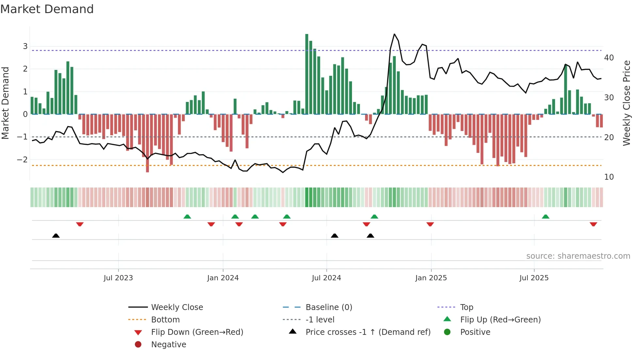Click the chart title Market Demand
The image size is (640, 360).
pyautogui.click(x=47, y=9)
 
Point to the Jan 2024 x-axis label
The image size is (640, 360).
pyautogui.click(x=223, y=278)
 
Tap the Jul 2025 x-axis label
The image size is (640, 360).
pyautogui.click(x=534, y=278)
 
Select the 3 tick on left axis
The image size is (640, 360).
pyautogui.click(x=25, y=46)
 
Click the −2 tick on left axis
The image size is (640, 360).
pyautogui.click(x=23, y=160)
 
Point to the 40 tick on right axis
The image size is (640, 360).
pyautogui.click(x=609, y=58)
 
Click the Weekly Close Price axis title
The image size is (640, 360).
pyautogui.click(x=626, y=103)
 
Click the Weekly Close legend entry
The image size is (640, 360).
pyautogui.click(x=177, y=307)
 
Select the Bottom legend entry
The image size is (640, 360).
pyautogui.click(x=165, y=320)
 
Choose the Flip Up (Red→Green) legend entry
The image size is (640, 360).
pyautogui.click(x=500, y=320)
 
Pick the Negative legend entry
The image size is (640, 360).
pyautogui.click(x=168, y=345)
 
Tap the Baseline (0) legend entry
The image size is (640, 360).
pyautogui.click(x=328, y=307)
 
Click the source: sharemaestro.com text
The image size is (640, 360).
pyautogui.click(x=578, y=256)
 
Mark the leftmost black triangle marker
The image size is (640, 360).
pyautogui.click(x=56, y=236)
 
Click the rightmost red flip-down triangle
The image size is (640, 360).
pyautogui.click(x=593, y=224)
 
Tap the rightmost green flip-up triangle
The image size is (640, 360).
pyautogui.click(x=545, y=217)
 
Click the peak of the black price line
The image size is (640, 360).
pyautogui.click(x=394, y=34)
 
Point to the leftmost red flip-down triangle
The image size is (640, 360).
pyautogui.click(x=80, y=224)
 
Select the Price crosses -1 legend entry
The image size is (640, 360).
pyautogui.click(x=368, y=332)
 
